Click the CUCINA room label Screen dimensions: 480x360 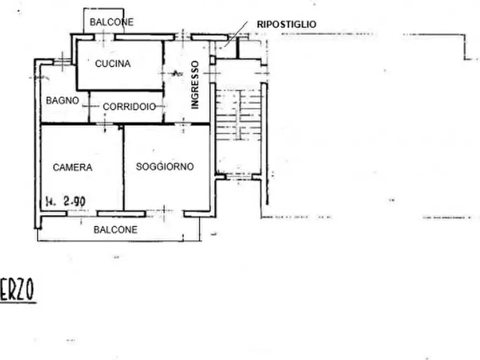pos(113,64)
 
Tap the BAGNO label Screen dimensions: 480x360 pos(62,100)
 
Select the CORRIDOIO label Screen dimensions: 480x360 pos(130,107)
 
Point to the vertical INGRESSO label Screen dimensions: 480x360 pos(195,85)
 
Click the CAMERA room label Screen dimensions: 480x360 pos(73,168)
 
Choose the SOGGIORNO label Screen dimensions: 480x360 pos(164,167)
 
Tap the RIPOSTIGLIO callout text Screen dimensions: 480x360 pos(286,25)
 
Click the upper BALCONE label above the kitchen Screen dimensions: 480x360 pos(111,22)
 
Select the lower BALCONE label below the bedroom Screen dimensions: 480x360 pos(116,229)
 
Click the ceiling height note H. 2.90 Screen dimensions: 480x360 pos(66,201)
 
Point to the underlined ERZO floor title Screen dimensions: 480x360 pos(17,290)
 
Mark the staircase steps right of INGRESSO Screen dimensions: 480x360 pos(239,114)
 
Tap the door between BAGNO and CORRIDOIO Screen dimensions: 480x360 pos(89,106)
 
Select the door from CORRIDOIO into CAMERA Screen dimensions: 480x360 pos(105,124)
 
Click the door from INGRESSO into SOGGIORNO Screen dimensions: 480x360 pos(183,124)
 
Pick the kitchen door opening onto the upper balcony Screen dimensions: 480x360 pos(104,37)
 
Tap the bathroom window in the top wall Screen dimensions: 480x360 pos(62,62)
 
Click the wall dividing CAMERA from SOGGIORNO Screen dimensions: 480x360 pos(124,168)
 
